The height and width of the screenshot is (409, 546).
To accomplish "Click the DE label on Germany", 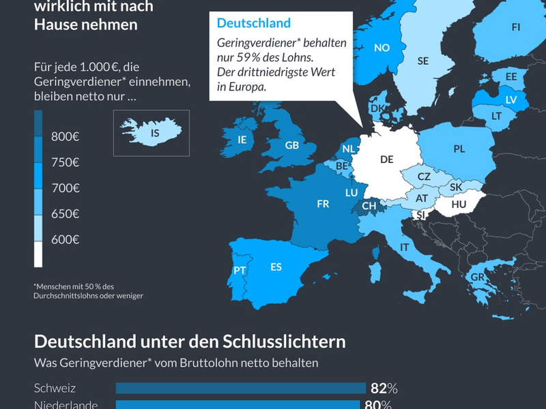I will [386, 160].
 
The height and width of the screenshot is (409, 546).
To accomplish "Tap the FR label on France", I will [323, 203].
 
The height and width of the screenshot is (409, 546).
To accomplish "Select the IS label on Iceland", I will [155, 134].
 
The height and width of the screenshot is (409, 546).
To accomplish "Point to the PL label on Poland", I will [459, 149].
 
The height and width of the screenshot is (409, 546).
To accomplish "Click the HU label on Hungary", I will [459, 203].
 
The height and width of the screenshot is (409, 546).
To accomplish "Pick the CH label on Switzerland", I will [369, 205].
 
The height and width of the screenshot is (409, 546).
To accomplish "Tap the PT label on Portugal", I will [240, 271].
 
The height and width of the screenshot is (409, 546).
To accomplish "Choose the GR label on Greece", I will [476, 277].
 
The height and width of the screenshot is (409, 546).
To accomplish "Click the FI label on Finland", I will [515, 27].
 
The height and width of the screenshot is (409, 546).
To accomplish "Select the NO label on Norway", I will [382, 48].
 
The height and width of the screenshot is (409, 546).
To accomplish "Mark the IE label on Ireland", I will [242, 139].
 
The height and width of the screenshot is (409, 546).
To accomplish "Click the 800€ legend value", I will [66, 137].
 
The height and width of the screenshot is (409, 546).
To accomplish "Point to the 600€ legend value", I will [66, 239].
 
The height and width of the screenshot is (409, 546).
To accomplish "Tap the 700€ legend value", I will [66, 188].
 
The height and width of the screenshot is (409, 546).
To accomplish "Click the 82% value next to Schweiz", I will [384, 389].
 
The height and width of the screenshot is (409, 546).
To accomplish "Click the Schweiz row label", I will [55, 389].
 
